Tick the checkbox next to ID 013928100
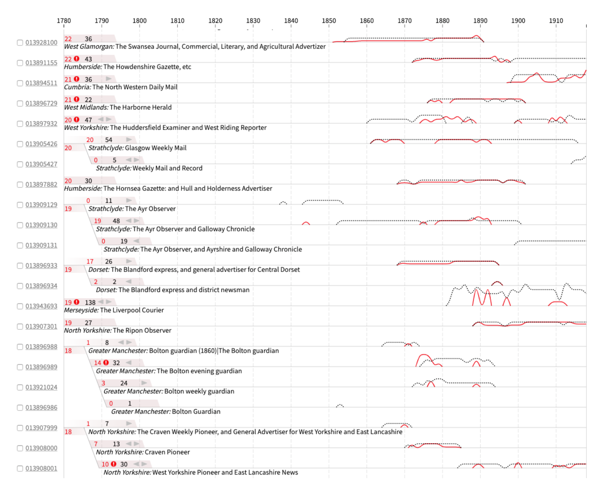point(20,42)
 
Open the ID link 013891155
point(41,63)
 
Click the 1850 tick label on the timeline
point(329,21)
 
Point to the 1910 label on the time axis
point(556,21)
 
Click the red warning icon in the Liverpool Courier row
point(76,302)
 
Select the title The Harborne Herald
point(141,107)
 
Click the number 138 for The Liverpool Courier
point(90,302)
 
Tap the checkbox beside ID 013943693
point(20,306)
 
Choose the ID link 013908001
point(41,468)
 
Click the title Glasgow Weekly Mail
point(156,148)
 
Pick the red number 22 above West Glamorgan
point(68,39)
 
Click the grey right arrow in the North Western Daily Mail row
point(109,79)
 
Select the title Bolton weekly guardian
point(199,391)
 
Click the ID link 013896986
point(41,407)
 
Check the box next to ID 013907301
point(20,326)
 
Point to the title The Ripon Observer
point(142,330)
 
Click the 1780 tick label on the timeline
point(64,21)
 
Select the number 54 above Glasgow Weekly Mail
point(108,140)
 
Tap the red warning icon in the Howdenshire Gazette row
point(76,59)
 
